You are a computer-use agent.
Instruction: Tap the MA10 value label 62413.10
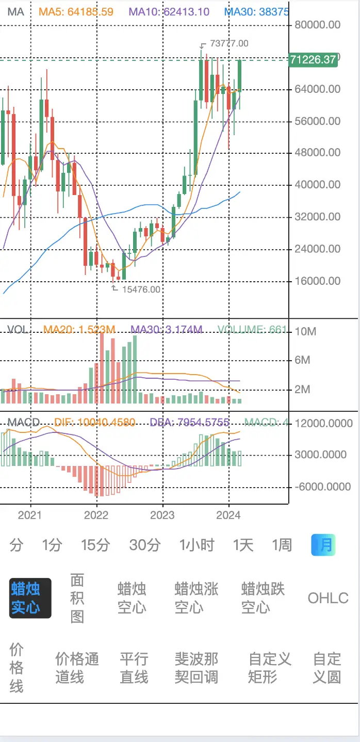click(x=169, y=11)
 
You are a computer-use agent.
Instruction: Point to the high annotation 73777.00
click(x=229, y=43)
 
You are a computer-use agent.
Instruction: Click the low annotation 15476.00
click(x=141, y=289)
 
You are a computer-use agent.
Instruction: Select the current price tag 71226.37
click(x=313, y=59)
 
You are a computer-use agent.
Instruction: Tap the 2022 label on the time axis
click(x=96, y=515)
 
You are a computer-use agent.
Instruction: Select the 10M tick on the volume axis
click(x=305, y=331)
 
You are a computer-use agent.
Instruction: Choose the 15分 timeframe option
click(x=95, y=545)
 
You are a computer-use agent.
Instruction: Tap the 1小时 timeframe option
click(x=197, y=545)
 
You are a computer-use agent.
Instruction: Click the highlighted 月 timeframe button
click(x=323, y=545)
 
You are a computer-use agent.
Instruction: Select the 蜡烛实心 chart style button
click(x=30, y=598)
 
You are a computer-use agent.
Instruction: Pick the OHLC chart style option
click(x=328, y=598)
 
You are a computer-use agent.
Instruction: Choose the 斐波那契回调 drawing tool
click(x=196, y=668)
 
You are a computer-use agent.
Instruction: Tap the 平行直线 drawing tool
click(x=134, y=668)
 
